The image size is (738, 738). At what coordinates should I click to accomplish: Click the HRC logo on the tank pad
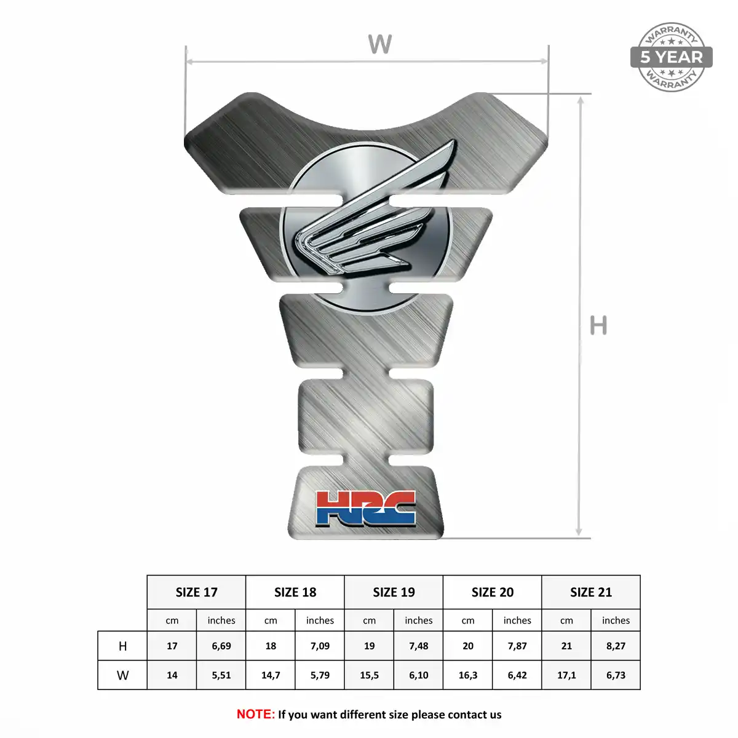[366, 509]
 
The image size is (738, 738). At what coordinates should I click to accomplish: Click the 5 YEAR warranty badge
[671, 57]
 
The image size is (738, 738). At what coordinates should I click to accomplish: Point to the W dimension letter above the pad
[379, 44]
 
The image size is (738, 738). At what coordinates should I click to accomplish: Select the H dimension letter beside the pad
[598, 325]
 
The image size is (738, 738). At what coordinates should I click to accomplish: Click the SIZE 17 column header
[196, 592]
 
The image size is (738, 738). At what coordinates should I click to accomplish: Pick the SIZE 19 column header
[394, 592]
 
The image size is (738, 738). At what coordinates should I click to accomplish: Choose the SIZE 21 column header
[591, 592]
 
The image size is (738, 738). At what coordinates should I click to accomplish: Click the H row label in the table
[122, 646]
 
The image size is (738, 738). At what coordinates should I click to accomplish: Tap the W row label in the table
[122, 675]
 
